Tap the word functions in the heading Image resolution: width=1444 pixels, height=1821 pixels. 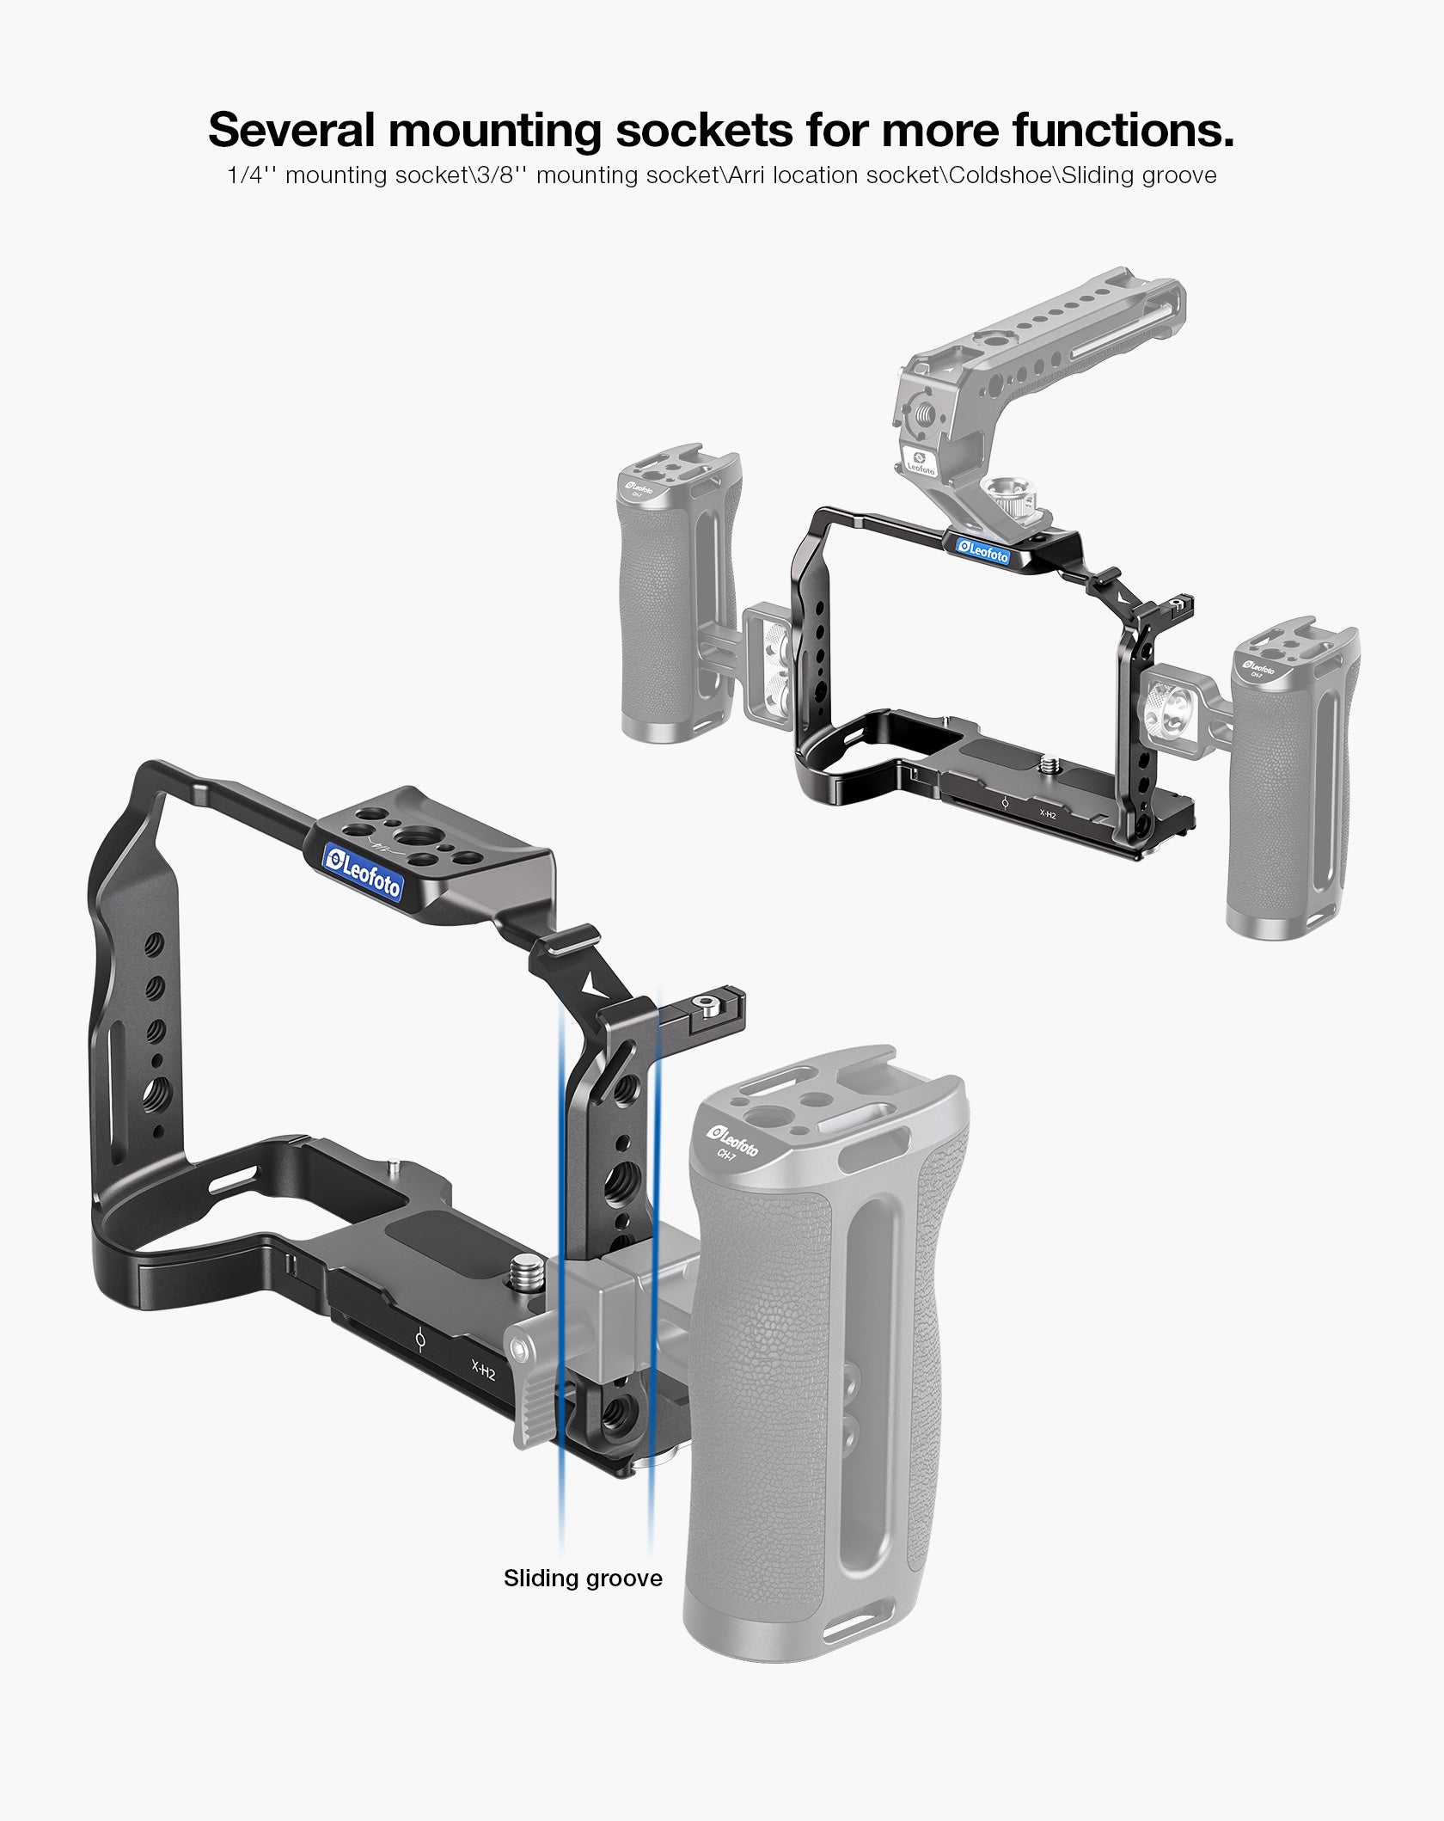point(1123,130)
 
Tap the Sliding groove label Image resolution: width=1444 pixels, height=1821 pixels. point(583,1578)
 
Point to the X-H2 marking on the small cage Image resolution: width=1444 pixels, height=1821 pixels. point(1048,813)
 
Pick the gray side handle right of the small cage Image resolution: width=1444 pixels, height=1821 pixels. point(1289,774)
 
